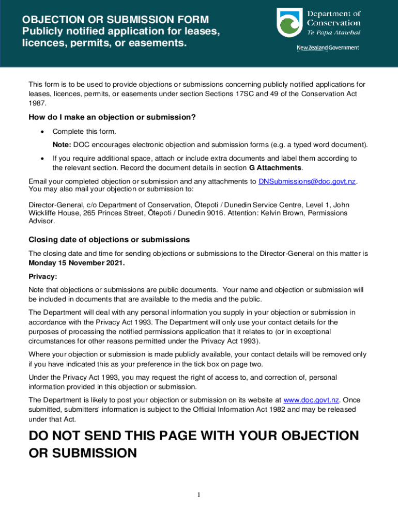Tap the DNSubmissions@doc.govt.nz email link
coord(307,181)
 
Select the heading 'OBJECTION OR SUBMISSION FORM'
coord(115,20)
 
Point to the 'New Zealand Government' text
coord(328,48)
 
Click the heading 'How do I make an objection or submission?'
coord(112,117)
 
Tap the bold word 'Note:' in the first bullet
coord(62,145)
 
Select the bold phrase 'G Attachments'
coord(271,168)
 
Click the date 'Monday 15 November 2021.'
coord(76,262)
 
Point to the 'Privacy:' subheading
coord(43,276)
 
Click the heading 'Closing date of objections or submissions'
coord(109,240)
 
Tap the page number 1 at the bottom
coord(198,495)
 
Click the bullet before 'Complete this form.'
coord(42,132)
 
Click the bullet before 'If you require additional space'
coord(42,159)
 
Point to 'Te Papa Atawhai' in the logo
coord(333,33)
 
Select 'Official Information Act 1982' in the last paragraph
coord(238,409)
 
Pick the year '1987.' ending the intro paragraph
coord(37,103)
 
